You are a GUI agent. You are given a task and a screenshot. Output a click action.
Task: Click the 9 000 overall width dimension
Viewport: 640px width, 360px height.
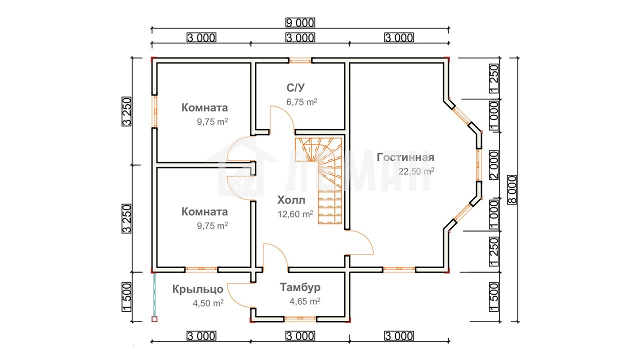click(300, 22)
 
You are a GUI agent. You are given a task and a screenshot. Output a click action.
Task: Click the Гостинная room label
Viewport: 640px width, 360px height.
click(405, 157)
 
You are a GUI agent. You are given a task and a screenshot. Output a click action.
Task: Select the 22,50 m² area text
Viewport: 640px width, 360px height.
click(416, 171)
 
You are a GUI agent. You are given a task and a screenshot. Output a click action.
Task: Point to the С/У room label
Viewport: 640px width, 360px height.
click(295, 87)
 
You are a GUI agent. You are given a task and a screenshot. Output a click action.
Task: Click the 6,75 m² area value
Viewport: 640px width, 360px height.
click(301, 101)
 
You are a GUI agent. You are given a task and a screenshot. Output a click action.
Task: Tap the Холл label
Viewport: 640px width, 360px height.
click(291, 200)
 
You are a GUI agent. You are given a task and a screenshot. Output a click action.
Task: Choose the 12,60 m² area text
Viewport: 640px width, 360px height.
click(295, 214)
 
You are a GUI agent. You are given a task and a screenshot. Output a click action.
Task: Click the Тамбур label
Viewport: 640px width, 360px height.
click(300, 287)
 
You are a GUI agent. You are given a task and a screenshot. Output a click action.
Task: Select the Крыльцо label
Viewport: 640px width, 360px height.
click(197, 289)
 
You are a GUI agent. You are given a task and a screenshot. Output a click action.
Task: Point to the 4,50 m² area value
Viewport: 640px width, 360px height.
click(208, 303)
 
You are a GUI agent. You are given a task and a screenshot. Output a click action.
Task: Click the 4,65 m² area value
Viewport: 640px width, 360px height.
click(305, 301)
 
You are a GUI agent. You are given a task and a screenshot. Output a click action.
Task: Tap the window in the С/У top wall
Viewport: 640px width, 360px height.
click(300, 60)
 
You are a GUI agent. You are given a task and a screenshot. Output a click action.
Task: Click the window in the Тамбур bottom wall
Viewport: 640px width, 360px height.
click(300, 318)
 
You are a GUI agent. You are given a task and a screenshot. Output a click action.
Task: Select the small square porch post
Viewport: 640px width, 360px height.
click(154, 319)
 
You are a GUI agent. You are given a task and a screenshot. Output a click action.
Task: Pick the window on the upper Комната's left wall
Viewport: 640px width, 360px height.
click(154, 111)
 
